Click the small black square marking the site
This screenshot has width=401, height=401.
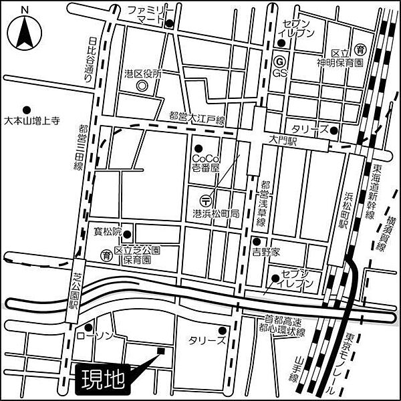pos(160,350)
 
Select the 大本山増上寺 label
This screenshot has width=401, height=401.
pos(32,122)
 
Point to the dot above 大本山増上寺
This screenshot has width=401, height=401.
pos(27,109)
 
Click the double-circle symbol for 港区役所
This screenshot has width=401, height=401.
pos(141,86)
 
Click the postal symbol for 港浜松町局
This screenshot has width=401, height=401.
pos(206,199)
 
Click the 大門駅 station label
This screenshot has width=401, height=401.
pos(282,142)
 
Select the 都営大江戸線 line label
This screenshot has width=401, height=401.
pos(198,117)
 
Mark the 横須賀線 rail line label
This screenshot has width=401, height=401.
pos(383,228)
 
